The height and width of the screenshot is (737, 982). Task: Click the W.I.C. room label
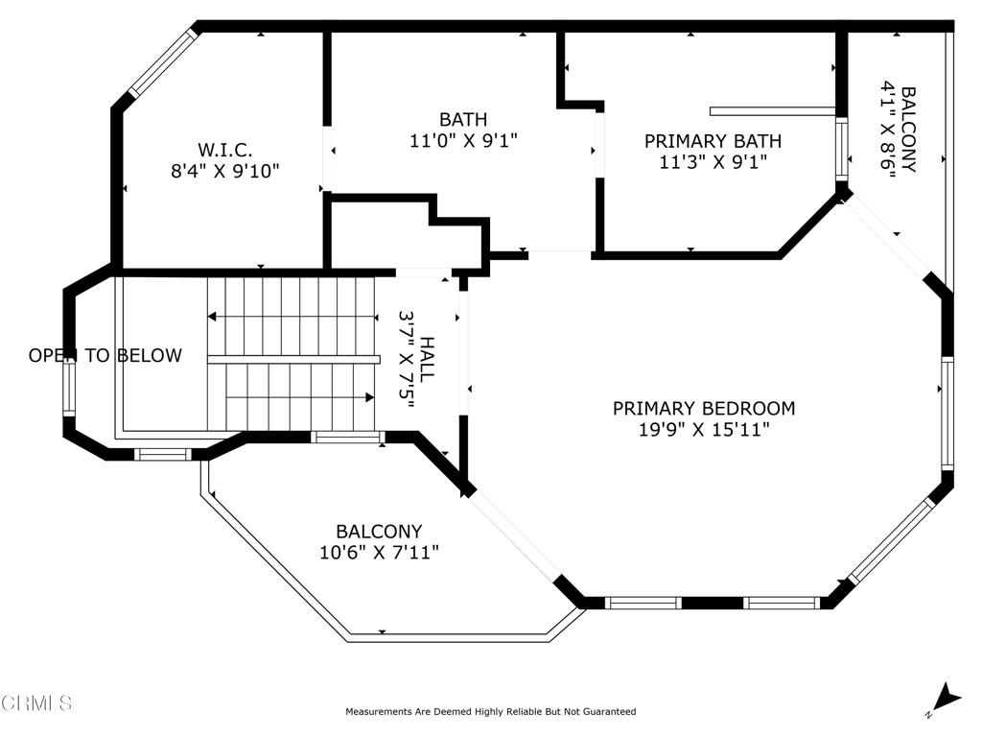tap(224, 151)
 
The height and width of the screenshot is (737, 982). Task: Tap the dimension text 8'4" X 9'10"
tap(224, 171)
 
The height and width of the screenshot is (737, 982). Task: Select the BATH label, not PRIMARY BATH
tap(463, 119)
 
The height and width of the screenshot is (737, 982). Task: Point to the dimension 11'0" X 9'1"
tap(463, 140)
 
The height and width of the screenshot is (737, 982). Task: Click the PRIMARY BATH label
tap(713, 141)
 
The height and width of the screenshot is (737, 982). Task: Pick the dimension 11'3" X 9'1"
tap(713, 162)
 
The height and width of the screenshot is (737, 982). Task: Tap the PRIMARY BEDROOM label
tap(704, 409)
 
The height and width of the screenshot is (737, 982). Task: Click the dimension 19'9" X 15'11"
tap(704, 430)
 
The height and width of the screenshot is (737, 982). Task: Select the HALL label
tap(427, 360)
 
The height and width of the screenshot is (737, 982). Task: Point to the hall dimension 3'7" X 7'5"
tap(407, 360)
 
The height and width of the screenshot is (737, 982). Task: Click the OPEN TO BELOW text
tap(105, 355)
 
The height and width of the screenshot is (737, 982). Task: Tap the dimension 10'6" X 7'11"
tap(379, 553)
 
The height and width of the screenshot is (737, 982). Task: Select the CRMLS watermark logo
tap(35, 703)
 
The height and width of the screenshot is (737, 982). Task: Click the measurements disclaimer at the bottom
tap(491, 711)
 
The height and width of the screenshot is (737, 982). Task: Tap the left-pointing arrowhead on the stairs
tap(212, 317)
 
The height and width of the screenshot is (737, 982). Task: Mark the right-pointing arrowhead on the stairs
tap(370, 397)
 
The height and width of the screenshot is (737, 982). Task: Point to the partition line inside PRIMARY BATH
tap(773, 111)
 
